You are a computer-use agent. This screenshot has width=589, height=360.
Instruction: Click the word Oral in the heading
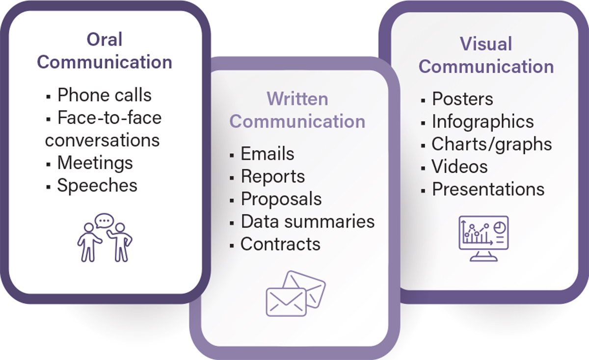click(104, 40)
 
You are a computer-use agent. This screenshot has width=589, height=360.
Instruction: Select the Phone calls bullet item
click(104, 95)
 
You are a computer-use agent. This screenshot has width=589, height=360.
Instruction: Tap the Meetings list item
click(95, 163)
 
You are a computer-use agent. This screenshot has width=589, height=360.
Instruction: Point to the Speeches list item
click(97, 185)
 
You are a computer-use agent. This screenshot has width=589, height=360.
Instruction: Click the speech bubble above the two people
click(104, 222)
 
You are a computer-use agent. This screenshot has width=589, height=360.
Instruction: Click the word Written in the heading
click(297, 99)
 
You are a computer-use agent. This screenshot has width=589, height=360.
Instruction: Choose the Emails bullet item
click(267, 154)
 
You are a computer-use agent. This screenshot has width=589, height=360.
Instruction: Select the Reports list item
click(272, 177)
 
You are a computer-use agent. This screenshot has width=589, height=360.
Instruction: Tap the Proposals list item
click(281, 199)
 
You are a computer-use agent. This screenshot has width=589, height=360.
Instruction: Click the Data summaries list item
click(307, 222)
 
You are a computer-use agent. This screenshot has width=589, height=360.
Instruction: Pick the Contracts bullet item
click(280, 244)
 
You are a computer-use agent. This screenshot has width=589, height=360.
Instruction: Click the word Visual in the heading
click(486, 44)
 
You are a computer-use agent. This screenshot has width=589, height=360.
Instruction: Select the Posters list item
click(462, 99)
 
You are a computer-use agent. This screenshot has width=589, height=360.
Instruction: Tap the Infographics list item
click(482, 122)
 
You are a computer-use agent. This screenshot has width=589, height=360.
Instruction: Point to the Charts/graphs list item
click(491, 144)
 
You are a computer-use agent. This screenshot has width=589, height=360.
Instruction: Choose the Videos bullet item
click(459, 167)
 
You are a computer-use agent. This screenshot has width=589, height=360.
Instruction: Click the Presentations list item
click(488, 189)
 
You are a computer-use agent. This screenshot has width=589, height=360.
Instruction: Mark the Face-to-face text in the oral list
click(109, 118)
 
